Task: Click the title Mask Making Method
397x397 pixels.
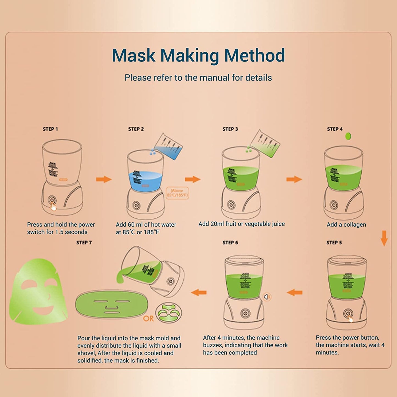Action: click(x=198, y=55)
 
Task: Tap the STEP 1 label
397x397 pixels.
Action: click(x=50, y=129)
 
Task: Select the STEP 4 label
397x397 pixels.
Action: click(x=335, y=129)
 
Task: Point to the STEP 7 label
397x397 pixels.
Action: click(x=84, y=243)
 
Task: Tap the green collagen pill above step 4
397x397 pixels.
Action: click(x=348, y=136)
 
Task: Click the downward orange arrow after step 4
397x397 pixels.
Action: click(x=384, y=238)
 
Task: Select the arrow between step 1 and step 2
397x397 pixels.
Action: click(x=104, y=179)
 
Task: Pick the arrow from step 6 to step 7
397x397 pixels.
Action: click(x=199, y=293)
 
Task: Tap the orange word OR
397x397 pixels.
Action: click(x=148, y=318)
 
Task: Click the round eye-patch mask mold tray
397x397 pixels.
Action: click(x=169, y=313)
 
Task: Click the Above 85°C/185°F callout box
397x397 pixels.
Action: click(x=177, y=193)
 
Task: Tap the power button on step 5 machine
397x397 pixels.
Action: click(x=348, y=313)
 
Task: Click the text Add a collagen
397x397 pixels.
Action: click(x=346, y=224)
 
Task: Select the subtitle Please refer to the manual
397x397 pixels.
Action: click(x=198, y=78)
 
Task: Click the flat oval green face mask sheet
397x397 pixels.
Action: click(x=112, y=304)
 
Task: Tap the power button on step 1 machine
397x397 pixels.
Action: click(x=51, y=200)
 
